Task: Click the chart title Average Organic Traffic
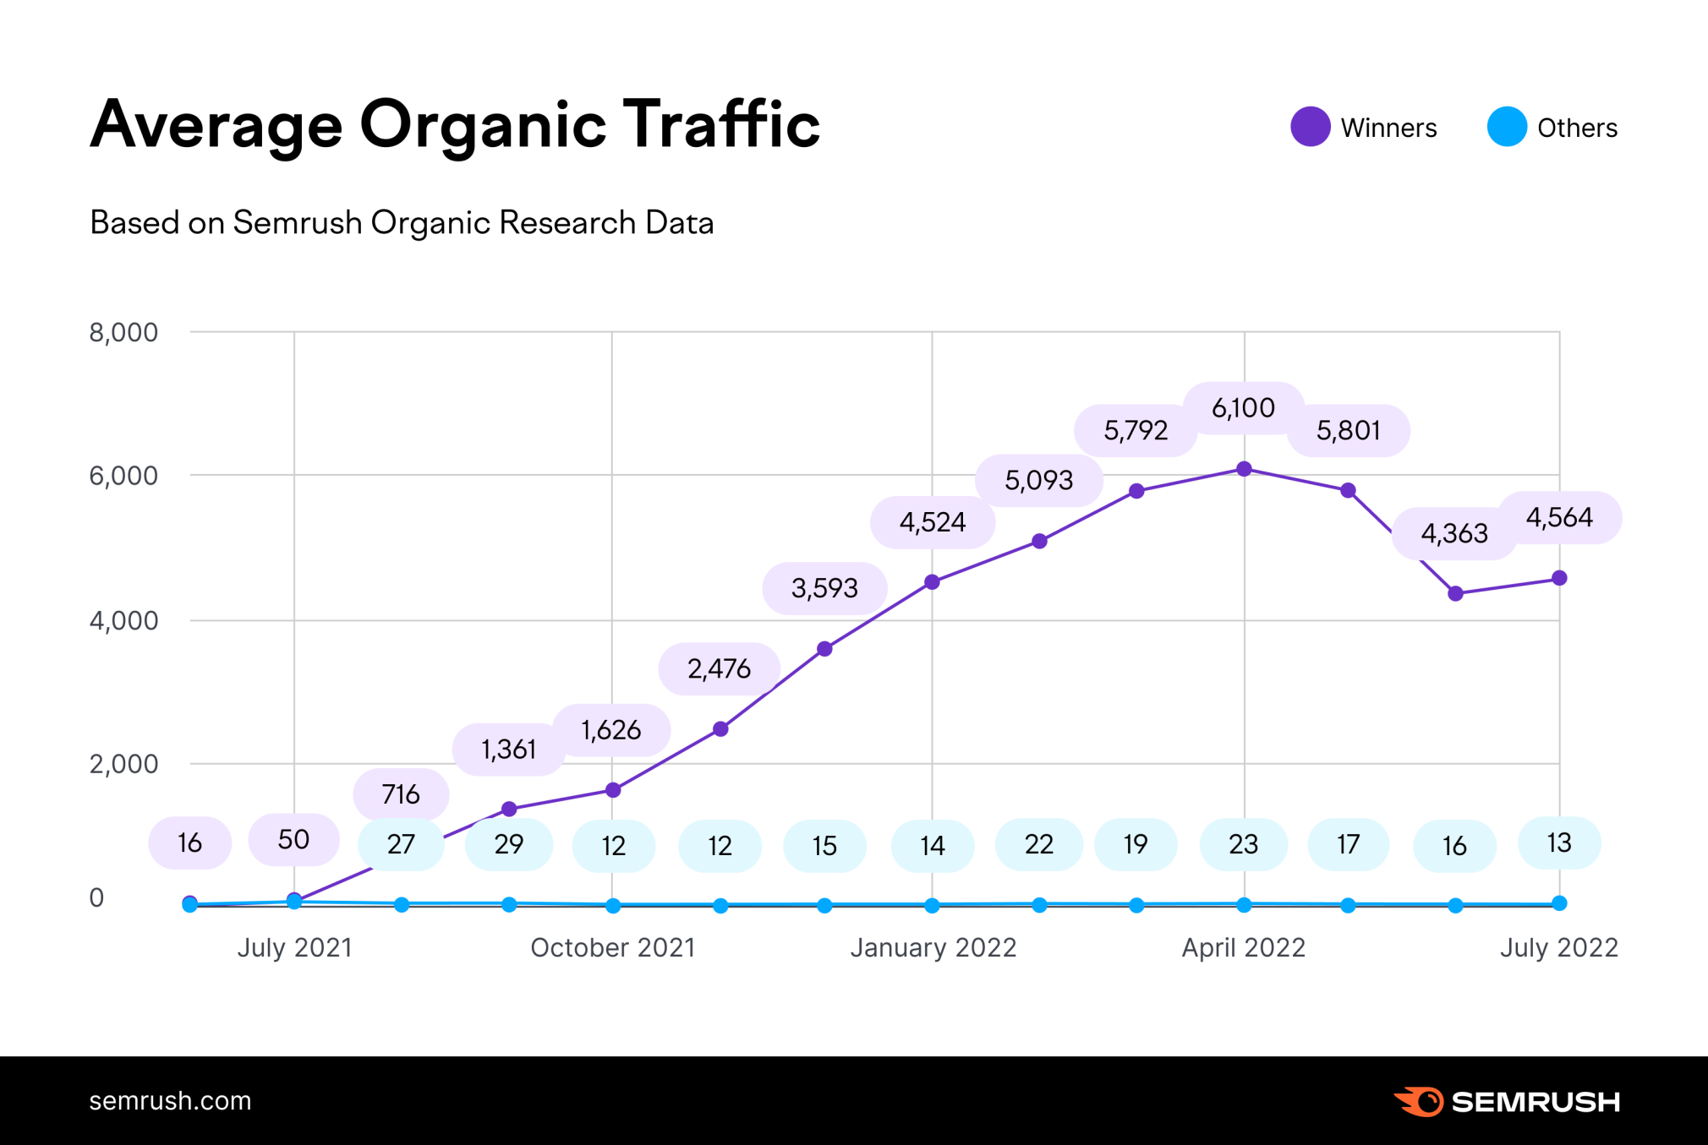[455, 125]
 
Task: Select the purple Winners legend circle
[1310, 127]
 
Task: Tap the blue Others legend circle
[1506, 127]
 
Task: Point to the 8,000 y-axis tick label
[123, 332]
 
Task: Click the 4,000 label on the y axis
[123, 620]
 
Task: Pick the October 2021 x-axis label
[612, 947]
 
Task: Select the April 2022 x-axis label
[1243, 947]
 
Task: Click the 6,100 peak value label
[1243, 408]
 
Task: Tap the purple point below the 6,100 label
[1244, 469]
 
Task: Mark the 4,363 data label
[1453, 533]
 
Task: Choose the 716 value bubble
[401, 794]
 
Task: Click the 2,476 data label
[719, 669]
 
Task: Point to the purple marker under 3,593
[824, 649]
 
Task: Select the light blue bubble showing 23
[1243, 844]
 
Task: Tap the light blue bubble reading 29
[509, 844]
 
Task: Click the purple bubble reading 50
[293, 839]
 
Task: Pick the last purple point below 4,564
[1559, 578]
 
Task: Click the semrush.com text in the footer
[170, 1100]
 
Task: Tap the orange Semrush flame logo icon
[1420, 1101]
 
